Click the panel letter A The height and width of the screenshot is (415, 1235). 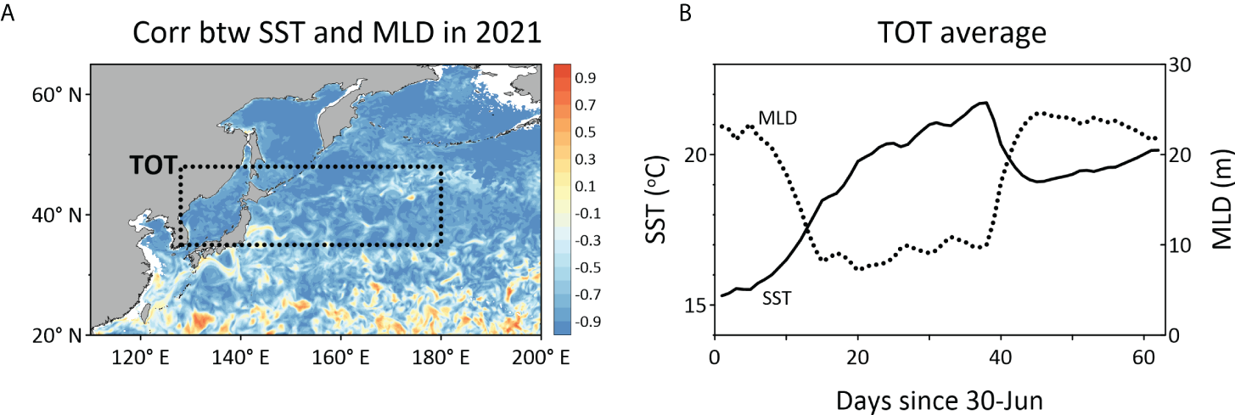(9, 14)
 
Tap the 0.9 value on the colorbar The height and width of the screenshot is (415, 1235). (584, 78)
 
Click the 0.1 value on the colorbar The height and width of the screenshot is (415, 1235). (584, 187)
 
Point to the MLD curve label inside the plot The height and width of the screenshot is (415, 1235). (777, 117)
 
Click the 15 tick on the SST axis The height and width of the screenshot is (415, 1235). (694, 305)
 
